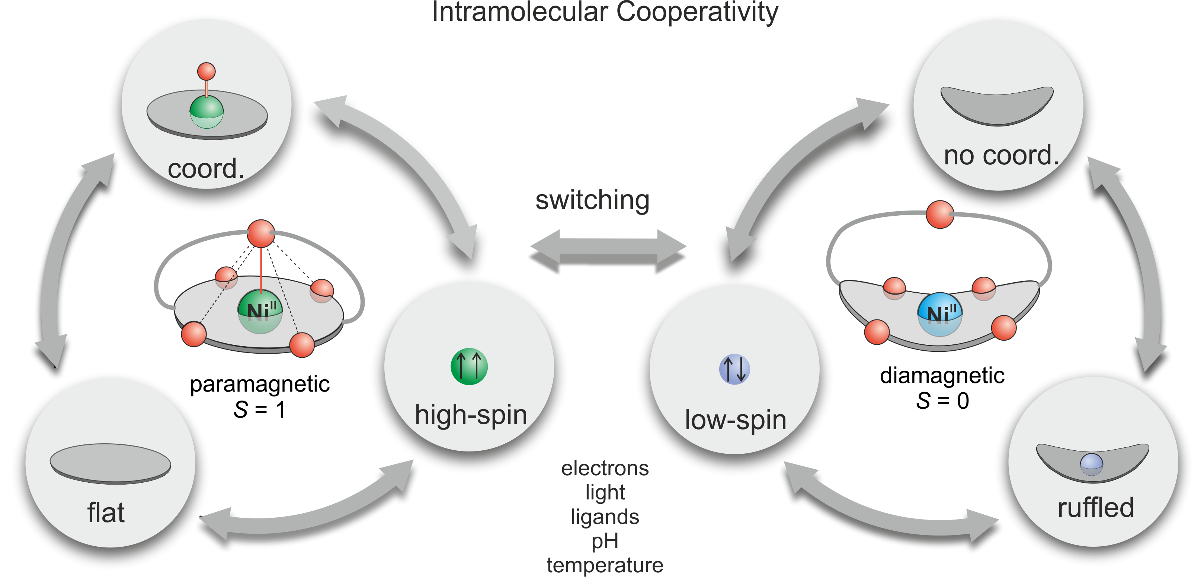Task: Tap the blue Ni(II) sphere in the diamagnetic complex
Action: (x=940, y=314)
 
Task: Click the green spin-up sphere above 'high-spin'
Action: (x=469, y=367)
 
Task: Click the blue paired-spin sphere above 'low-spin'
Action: (x=734, y=369)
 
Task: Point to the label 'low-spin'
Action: (x=736, y=420)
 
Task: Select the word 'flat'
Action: (x=106, y=512)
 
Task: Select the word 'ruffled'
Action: (x=1096, y=507)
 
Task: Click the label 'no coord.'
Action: (x=1001, y=155)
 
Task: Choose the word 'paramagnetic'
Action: (x=260, y=385)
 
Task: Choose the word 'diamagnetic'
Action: (x=942, y=376)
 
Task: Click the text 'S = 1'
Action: (x=259, y=410)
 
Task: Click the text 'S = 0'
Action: (x=942, y=401)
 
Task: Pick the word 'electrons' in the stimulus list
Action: (x=605, y=468)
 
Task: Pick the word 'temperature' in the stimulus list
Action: (x=605, y=566)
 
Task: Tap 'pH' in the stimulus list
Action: (x=605, y=542)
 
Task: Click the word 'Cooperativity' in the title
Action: (x=697, y=12)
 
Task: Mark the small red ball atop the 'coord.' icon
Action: (x=206, y=71)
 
